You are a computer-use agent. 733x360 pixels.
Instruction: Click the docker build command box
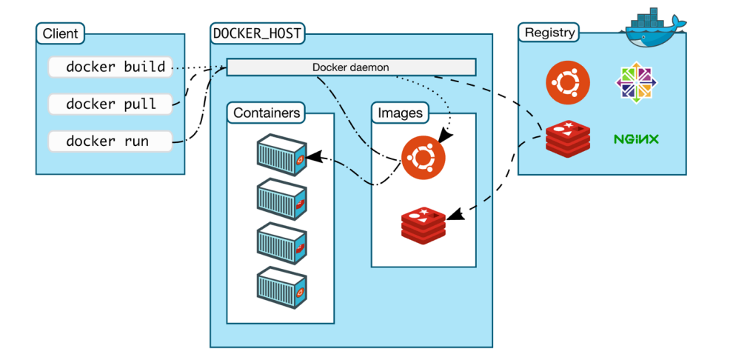[x=110, y=67]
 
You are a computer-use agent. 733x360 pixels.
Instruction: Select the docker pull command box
[x=110, y=104]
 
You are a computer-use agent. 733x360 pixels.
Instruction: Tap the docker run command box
[x=110, y=141]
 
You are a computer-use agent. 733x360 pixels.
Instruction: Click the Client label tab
[x=60, y=33]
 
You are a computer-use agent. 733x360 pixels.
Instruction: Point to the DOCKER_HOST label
[x=256, y=33]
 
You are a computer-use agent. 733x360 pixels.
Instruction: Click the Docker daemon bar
[x=351, y=67]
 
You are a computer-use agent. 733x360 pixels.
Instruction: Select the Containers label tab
[x=266, y=113]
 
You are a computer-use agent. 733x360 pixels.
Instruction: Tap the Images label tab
[x=400, y=113]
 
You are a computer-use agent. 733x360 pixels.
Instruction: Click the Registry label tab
[x=549, y=33]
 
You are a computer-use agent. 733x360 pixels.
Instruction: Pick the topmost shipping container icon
[x=281, y=155]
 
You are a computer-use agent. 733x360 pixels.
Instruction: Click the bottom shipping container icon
[x=281, y=287]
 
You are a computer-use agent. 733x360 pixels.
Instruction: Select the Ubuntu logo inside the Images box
[x=424, y=158]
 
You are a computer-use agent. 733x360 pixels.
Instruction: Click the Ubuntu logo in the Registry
[x=567, y=83]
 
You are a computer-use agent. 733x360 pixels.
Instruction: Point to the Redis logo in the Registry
[x=567, y=139]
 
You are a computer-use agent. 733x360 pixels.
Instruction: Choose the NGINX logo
[x=636, y=139]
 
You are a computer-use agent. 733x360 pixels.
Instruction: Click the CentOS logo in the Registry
[x=636, y=82]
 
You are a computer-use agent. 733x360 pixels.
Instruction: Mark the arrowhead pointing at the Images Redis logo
[x=455, y=215]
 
